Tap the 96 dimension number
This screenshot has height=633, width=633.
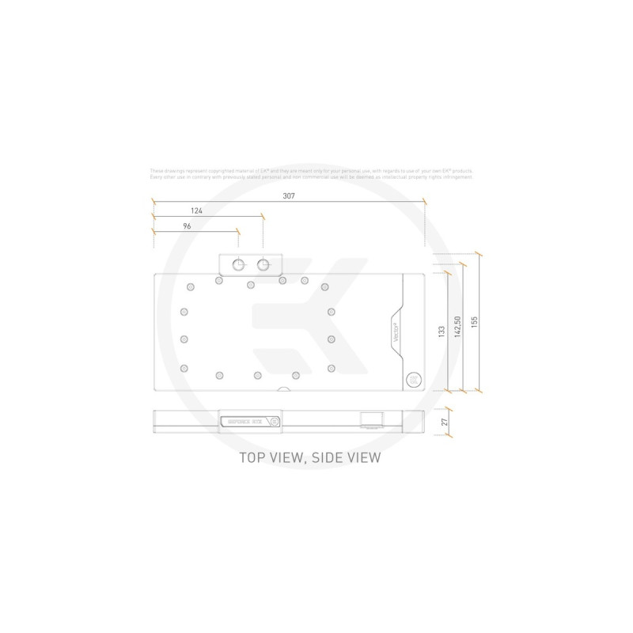188,226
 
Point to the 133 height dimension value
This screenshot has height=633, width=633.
442,332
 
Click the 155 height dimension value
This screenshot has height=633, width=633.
474,324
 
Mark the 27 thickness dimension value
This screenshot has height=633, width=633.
445,422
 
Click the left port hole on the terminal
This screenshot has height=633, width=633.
237,264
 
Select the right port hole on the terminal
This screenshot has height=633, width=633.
263,264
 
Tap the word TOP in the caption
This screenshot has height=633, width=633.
256,457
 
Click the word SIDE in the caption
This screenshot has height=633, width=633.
327,457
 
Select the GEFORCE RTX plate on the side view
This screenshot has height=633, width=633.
247,422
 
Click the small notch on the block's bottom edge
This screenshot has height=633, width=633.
282,389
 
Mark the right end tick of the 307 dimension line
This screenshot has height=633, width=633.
424,203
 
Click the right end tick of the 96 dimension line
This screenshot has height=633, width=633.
237,231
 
